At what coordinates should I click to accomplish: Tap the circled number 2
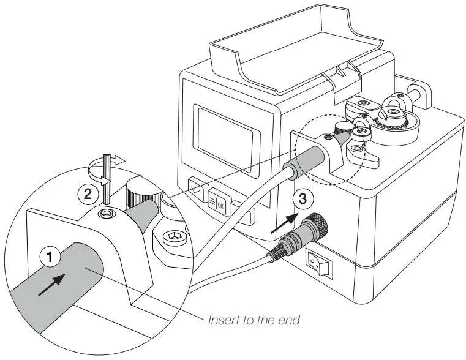(88, 194)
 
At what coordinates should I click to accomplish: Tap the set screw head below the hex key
(107, 213)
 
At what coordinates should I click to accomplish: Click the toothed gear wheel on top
(392, 123)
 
